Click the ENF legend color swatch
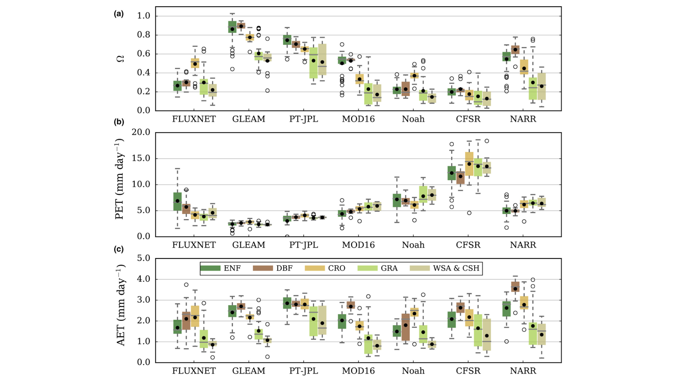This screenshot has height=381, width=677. point(210,268)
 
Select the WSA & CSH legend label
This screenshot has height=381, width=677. point(456,268)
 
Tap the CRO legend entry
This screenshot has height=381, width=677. point(336,268)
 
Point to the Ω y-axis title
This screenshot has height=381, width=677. point(120,59)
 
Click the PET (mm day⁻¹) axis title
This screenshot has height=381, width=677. point(120,179)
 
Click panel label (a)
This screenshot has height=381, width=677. point(118,14)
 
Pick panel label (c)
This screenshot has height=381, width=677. point(118,249)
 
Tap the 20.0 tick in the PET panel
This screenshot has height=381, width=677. point(141,132)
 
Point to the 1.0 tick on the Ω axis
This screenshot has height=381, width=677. point(144,16)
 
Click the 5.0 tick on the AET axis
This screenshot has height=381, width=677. point(144,258)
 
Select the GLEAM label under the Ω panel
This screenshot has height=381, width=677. point(249,119)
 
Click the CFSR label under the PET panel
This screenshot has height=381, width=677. point(468,245)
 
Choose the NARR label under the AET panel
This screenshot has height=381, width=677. point(523,371)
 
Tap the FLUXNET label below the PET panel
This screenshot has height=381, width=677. point(194,245)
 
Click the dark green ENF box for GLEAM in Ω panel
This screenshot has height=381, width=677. point(232,27)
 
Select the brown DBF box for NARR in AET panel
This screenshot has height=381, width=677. point(515,287)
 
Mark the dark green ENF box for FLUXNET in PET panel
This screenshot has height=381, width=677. point(177,202)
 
